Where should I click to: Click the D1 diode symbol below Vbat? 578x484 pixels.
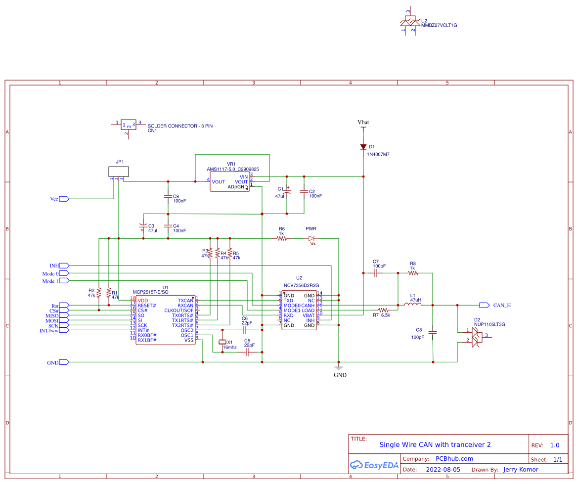pyautogui.click(x=363, y=147)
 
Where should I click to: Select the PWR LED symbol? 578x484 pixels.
pyautogui.click(x=311, y=239)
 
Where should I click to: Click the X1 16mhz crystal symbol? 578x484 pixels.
pyautogui.click(x=222, y=342)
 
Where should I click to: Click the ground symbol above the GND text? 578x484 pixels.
pyautogui.click(x=339, y=367)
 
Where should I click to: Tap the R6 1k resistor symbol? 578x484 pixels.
pyautogui.click(x=282, y=239)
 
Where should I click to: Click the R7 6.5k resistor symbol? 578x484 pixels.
pyautogui.click(x=384, y=310)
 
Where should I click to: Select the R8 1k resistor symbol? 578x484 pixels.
pyautogui.click(x=413, y=272)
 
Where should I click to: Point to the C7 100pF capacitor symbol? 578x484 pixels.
pyautogui.click(x=377, y=272)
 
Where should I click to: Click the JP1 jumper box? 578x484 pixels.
pyautogui.click(x=119, y=172)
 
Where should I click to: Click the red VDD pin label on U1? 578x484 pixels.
pyautogui.click(x=142, y=301)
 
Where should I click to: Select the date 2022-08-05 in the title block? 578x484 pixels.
pyautogui.click(x=443, y=470)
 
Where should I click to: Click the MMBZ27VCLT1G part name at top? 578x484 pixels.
pyautogui.click(x=439, y=25)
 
